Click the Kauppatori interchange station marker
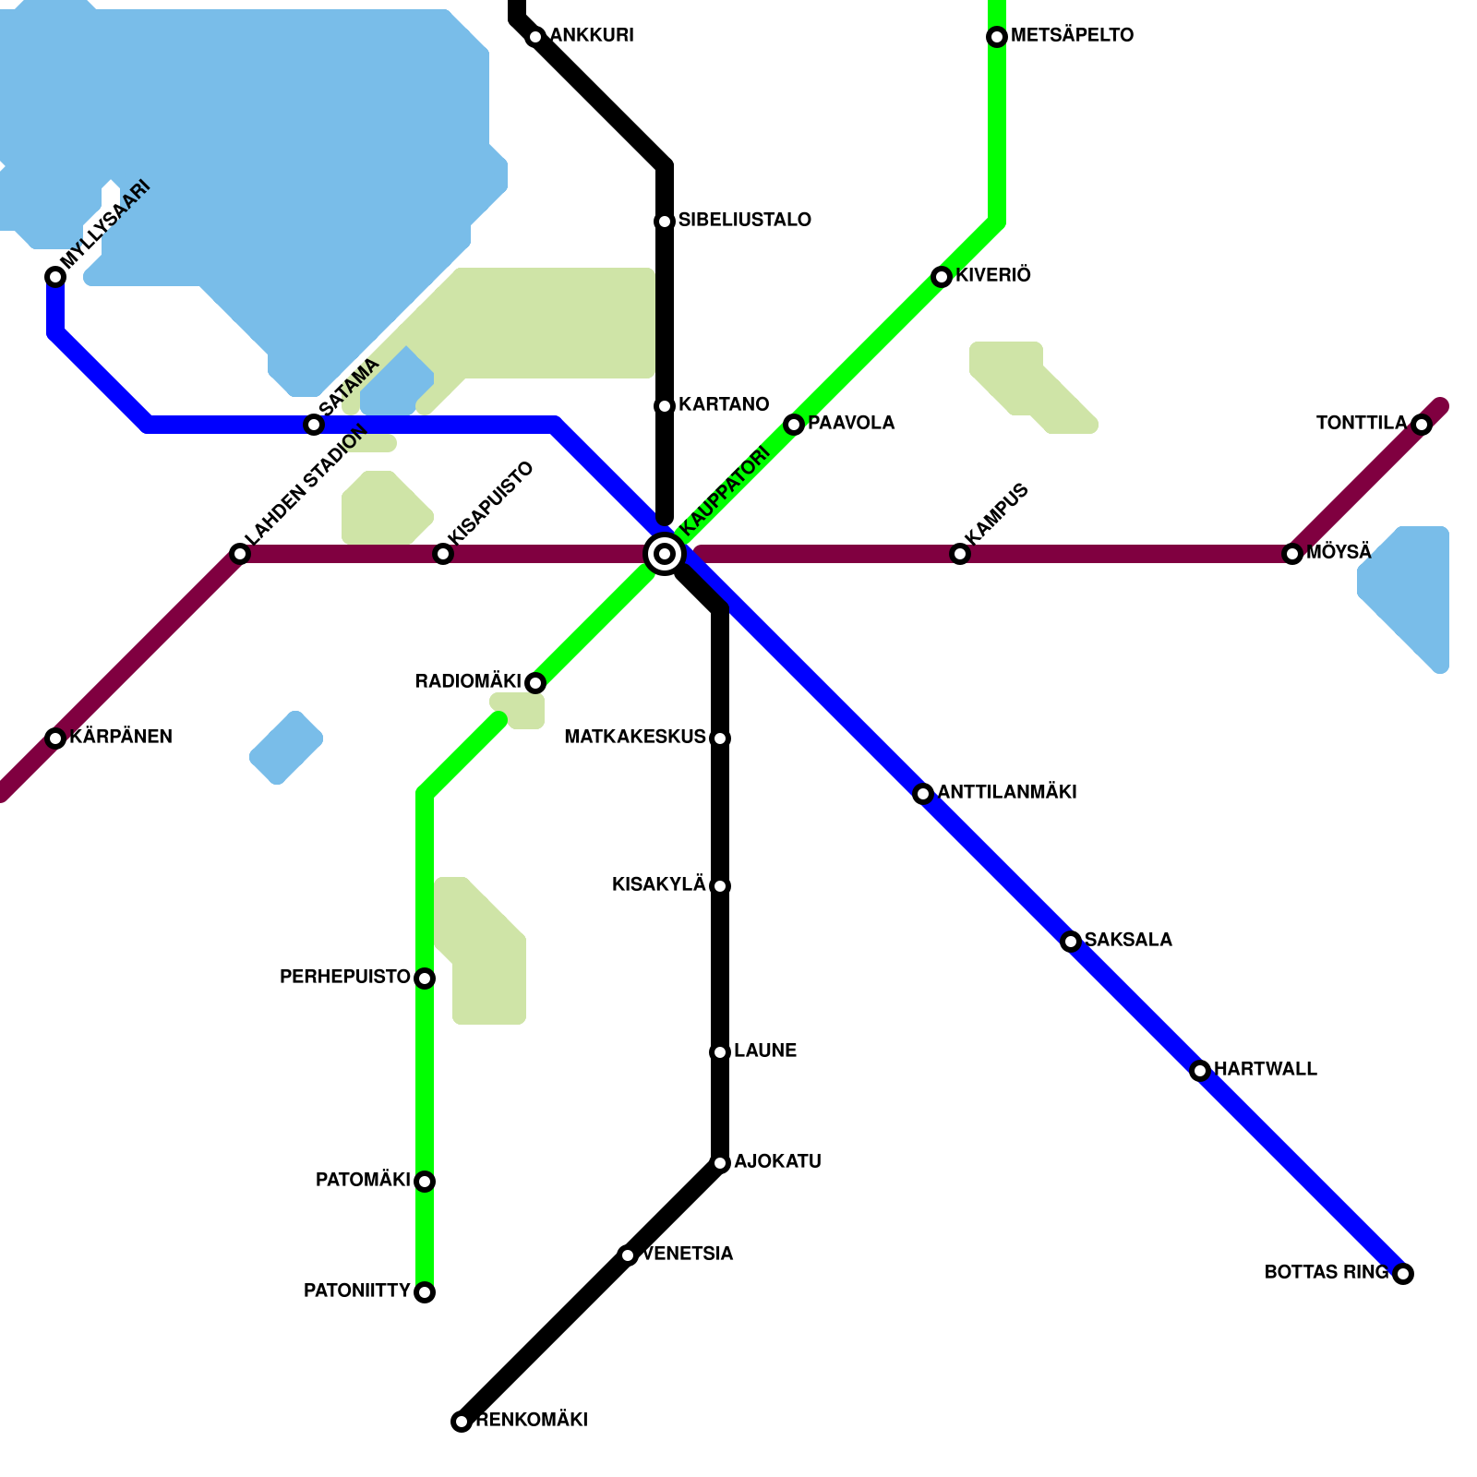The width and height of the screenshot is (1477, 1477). click(x=665, y=554)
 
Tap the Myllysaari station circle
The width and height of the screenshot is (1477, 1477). click(x=55, y=277)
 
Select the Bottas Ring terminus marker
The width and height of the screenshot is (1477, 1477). click(x=1403, y=1274)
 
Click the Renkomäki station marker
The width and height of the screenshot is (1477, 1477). click(x=462, y=1422)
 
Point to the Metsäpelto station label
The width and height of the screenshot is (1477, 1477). click(x=1072, y=36)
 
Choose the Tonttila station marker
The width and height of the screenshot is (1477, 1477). click(x=1422, y=425)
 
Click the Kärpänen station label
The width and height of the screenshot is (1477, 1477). click(x=121, y=738)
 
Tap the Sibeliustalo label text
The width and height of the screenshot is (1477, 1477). click(x=744, y=221)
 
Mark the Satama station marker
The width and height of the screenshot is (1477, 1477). click(x=314, y=425)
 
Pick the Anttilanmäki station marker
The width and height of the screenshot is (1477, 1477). click(x=923, y=794)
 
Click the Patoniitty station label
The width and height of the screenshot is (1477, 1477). click(x=356, y=1291)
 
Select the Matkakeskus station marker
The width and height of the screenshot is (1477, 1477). click(x=720, y=738)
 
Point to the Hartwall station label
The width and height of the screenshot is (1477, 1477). click(x=1265, y=1070)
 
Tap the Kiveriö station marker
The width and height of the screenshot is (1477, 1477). click(x=942, y=277)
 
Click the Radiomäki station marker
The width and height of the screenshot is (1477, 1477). click(x=535, y=683)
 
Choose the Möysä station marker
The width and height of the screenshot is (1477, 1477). click(x=1292, y=554)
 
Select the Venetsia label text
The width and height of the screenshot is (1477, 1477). click(x=688, y=1255)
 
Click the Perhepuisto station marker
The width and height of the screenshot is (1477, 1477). click(x=425, y=979)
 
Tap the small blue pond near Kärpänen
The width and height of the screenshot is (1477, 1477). click(x=286, y=748)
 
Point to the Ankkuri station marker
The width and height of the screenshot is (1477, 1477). click(x=535, y=37)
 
